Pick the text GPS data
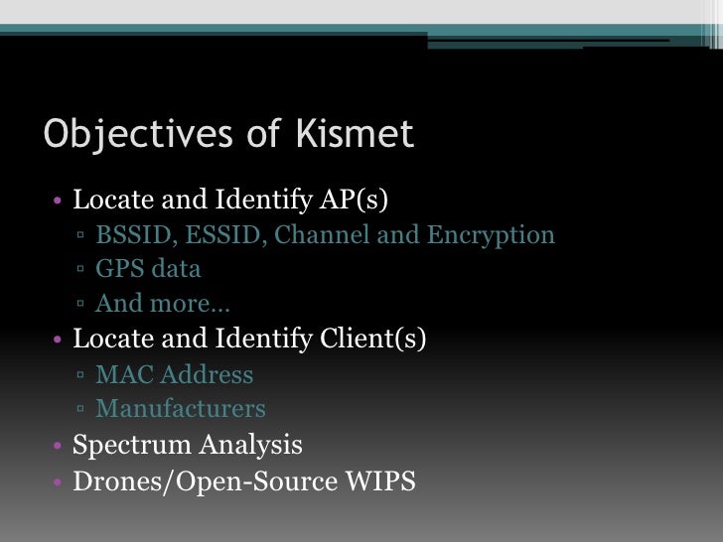pyautogui.click(x=148, y=269)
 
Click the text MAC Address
pyautogui.click(x=174, y=375)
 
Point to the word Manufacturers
pyautogui.click(x=181, y=409)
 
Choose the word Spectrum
pyautogui.click(x=131, y=445)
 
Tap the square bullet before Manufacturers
pyautogui.click(x=80, y=410)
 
